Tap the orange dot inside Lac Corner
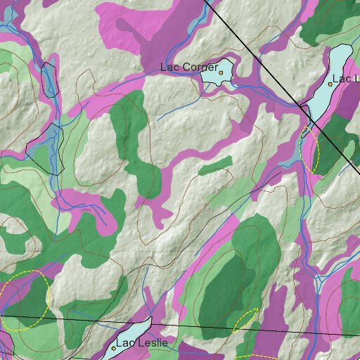click(221, 72)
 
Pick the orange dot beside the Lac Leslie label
click(113, 348)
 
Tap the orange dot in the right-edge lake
click(330, 84)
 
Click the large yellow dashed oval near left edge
click(25, 301)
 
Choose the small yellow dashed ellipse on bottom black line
click(245, 321)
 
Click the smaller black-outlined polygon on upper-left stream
click(49, 79)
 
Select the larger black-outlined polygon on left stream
click(45, 146)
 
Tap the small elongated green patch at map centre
click(215, 166)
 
